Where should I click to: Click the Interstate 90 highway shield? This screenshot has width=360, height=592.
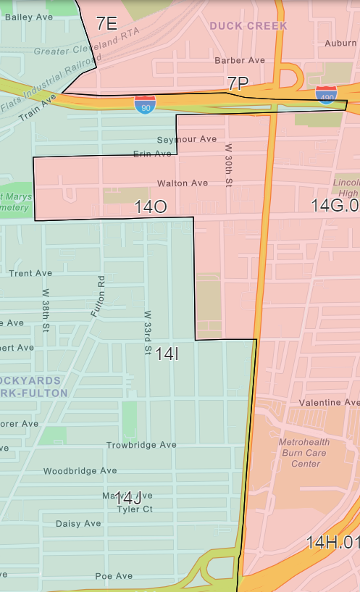coord(144,105)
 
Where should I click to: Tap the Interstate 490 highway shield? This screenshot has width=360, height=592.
coord(326,94)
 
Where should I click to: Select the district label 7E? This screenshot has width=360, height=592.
coord(106,24)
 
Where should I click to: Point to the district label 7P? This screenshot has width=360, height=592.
coord(238,83)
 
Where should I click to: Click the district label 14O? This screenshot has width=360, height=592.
coord(151,207)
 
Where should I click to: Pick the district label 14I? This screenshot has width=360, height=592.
coord(167,354)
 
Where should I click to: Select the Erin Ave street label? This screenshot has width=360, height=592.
coord(152,154)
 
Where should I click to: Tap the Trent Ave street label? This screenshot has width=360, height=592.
coord(30,273)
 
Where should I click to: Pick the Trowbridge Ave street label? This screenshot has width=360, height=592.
coord(141,445)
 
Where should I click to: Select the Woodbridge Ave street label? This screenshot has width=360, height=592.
coord(80,471)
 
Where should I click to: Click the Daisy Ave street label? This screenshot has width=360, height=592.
coord(78,523)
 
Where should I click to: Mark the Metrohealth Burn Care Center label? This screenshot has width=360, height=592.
coord(300,452)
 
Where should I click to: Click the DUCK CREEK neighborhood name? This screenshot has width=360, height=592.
coord(248,26)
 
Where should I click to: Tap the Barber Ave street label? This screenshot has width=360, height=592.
coord(240,60)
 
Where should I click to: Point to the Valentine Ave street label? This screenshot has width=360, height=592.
coord(329,402)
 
